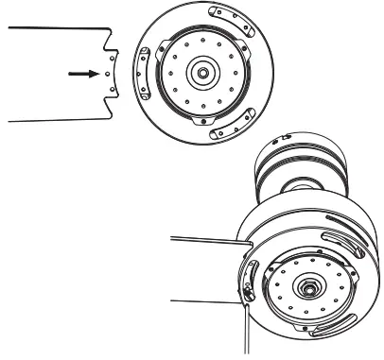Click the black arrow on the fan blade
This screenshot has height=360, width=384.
tap(88, 71)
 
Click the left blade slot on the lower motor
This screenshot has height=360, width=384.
tap(249, 283)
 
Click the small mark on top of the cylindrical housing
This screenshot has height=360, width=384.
tap(280, 138)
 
